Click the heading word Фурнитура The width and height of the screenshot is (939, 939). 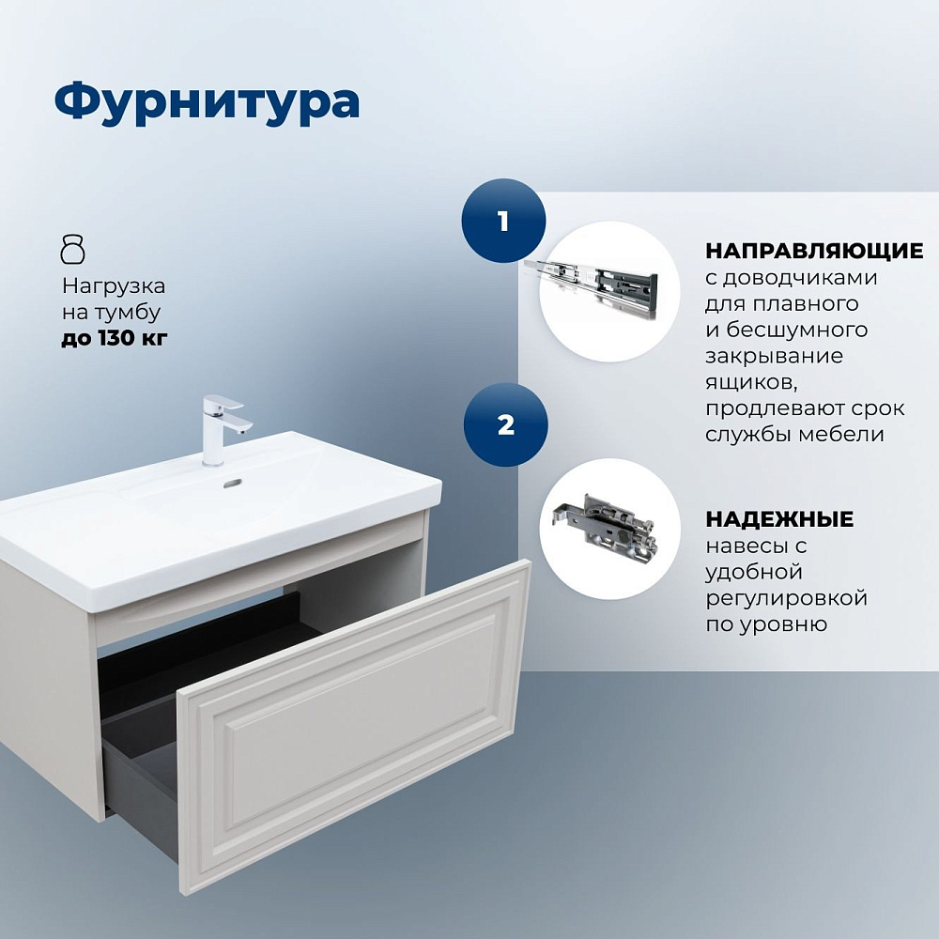coord(207,103)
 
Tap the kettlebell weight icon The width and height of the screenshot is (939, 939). coord(73,249)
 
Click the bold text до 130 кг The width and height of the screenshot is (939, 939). coord(114,338)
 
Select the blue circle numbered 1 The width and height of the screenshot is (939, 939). coord(503,221)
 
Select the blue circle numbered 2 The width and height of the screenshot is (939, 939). coord(505,424)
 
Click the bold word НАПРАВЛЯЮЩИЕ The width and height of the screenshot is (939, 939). coord(814,251)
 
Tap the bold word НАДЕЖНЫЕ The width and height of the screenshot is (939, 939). coord(779,519)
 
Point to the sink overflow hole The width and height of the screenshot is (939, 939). coord(233,483)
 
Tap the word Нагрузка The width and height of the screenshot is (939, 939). coord(114,286)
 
